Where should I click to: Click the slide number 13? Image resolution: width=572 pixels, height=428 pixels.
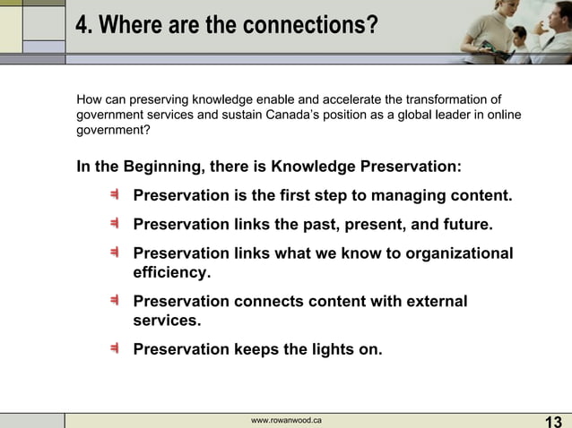[553, 422]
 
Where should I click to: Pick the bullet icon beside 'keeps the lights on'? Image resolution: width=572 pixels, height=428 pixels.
[116, 348]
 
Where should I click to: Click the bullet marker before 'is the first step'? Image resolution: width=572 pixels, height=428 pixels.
[116, 195]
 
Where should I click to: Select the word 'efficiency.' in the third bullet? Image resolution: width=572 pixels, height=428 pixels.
[172, 272]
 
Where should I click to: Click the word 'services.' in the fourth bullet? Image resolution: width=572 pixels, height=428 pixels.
[167, 320]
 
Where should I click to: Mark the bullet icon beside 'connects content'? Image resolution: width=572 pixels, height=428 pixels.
[116, 301]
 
